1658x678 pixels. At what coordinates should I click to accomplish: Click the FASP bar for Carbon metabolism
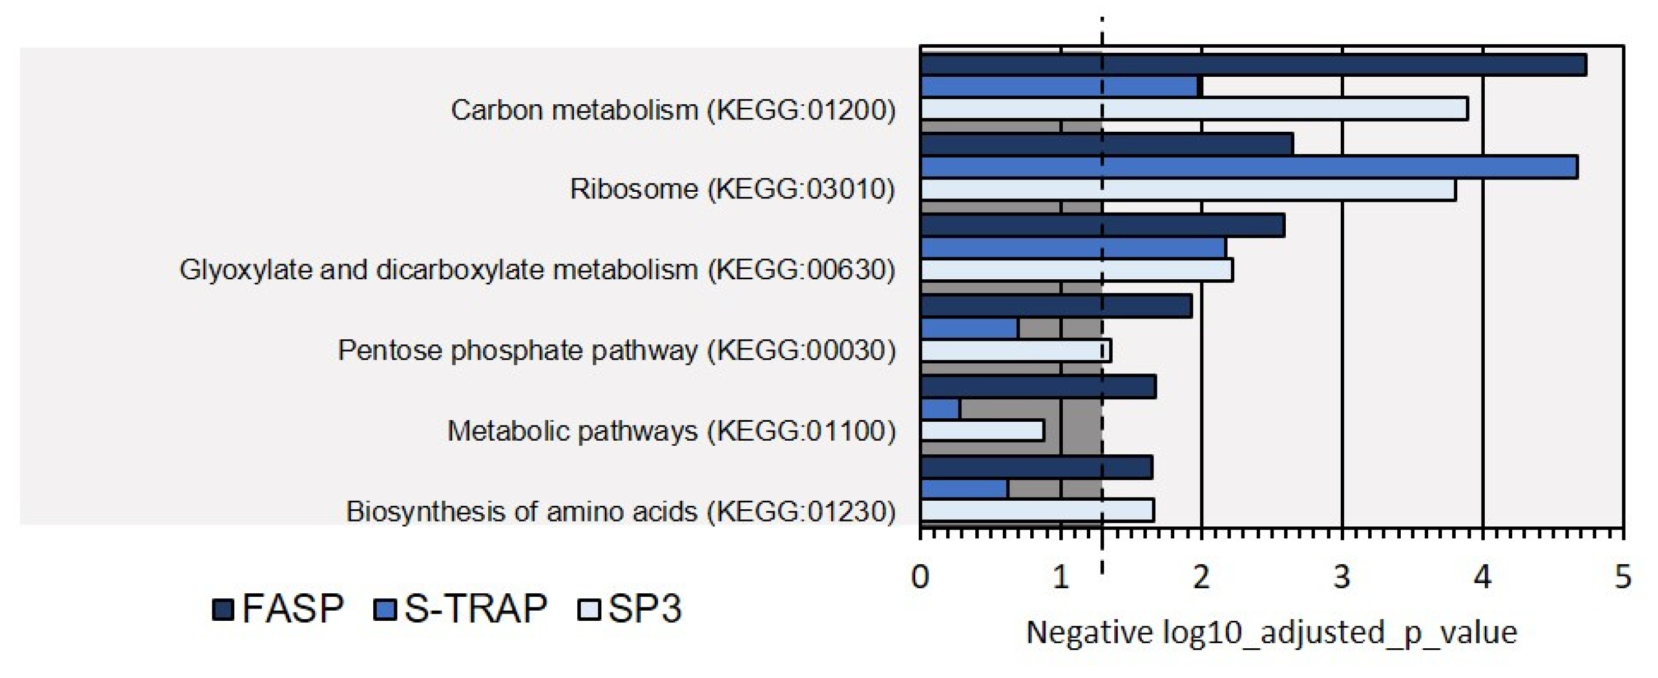1253,65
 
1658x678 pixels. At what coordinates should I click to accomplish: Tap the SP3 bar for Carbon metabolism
1194,109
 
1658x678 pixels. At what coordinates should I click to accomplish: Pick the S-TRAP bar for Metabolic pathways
941,409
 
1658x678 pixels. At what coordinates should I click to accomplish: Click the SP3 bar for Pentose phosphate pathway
1016,351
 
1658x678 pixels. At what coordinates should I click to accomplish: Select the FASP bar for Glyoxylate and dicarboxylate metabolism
1103,226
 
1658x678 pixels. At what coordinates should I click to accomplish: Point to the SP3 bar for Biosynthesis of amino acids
1037,510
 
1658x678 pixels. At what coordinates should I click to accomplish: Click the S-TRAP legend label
476,608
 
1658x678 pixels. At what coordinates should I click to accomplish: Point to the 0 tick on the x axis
920,577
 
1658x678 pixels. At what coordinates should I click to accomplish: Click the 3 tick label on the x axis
1341,577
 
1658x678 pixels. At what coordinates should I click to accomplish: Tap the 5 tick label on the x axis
1623,577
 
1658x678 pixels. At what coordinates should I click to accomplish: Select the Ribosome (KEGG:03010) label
733,190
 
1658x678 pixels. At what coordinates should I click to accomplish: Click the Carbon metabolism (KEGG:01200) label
673,110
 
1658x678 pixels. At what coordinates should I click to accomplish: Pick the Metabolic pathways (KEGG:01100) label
671,431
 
